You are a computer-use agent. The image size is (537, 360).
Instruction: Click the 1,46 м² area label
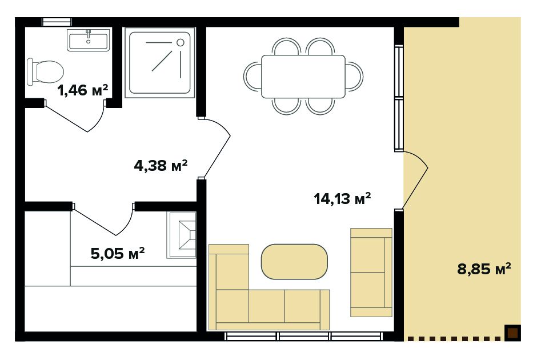pyautogui.click(x=83, y=90)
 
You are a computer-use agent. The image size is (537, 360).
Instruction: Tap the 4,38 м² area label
pyautogui.click(x=161, y=166)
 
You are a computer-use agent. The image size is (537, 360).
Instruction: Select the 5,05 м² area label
pyautogui.click(x=118, y=254)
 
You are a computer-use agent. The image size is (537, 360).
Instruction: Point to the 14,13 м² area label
pyautogui.click(x=342, y=199)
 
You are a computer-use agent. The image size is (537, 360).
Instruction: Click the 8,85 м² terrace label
pyautogui.click(x=484, y=269)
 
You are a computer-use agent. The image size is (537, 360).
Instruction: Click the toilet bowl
pyautogui.click(x=46, y=71)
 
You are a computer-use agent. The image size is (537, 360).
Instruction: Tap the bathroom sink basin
pyautogui.click(x=89, y=40)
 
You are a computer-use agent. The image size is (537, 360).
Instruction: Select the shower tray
pyautogui.click(x=159, y=63)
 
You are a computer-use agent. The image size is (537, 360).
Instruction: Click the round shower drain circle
pyautogui.click(x=180, y=42)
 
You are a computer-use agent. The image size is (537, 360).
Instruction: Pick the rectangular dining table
pyautogui.click(x=303, y=77)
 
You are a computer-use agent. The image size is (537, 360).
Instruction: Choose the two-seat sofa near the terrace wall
pyautogui.click(x=371, y=273)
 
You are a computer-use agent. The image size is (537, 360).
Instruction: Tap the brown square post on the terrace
pyautogui.click(x=512, y=333)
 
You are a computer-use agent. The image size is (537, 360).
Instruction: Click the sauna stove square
pyautogui.click(x=181, y=235)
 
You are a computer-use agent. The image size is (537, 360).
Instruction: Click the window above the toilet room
pyautogui.click(x=57, y=22)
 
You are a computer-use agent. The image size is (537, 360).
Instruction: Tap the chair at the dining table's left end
pyautogui.click(x=253, y=77)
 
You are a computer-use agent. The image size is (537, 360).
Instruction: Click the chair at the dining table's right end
pyautogui.click(x=354, y=77)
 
